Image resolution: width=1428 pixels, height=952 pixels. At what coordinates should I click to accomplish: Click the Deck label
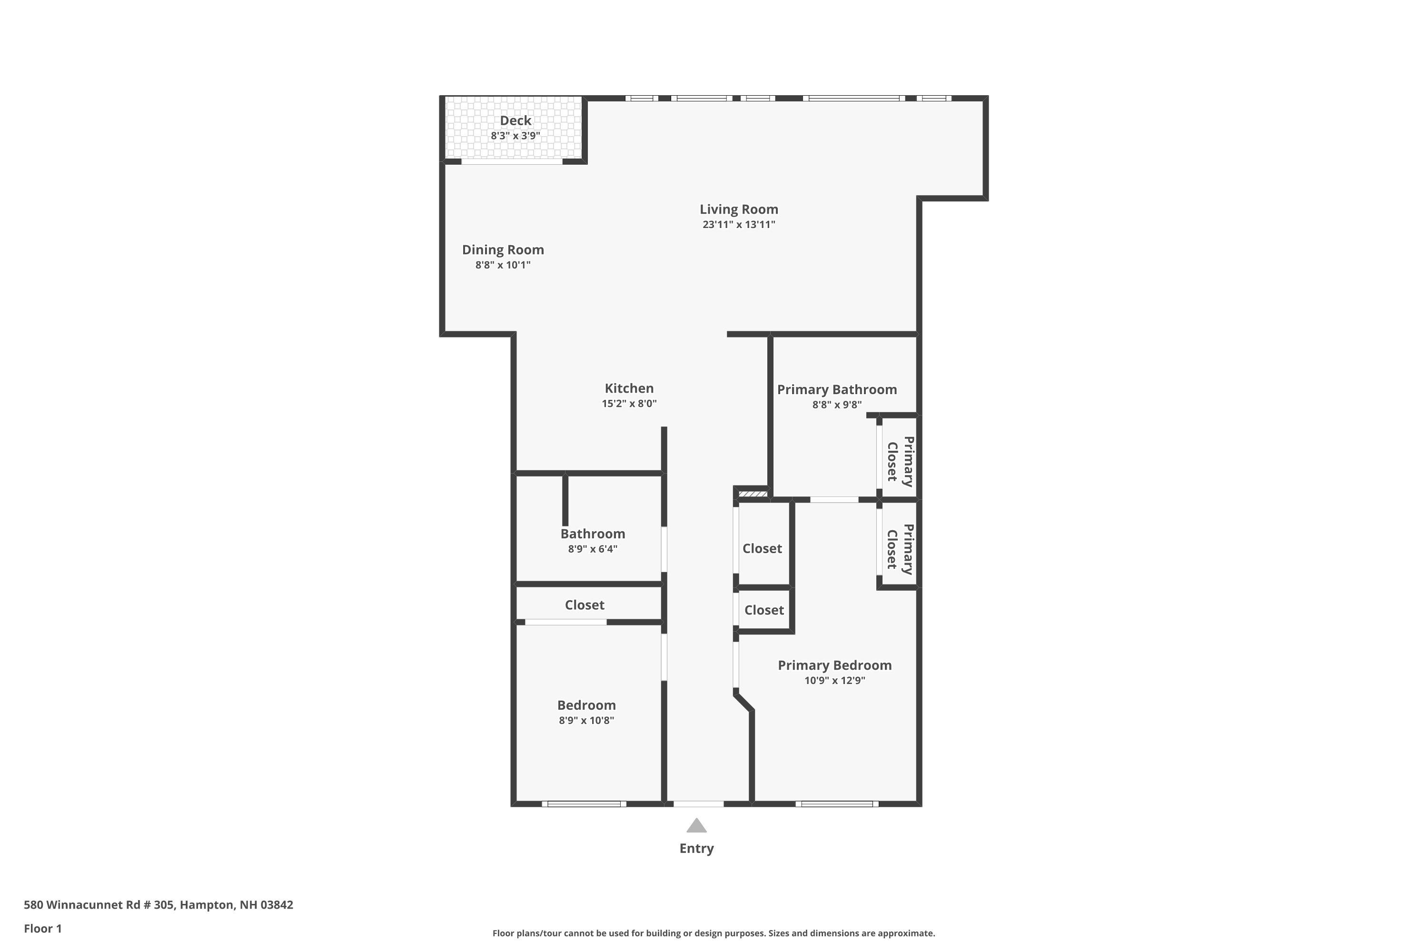click(516, 121)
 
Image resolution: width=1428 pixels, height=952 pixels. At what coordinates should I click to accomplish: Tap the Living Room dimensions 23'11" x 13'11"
click(738, 225)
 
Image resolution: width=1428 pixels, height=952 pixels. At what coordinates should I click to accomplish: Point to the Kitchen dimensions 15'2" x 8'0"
click(629, 404)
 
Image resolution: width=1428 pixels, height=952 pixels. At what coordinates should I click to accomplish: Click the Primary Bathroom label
click(837, 390)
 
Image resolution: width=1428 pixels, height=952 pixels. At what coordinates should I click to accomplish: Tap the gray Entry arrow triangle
click(696, 826)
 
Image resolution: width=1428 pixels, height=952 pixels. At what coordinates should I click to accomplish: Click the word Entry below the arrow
click(696, 849)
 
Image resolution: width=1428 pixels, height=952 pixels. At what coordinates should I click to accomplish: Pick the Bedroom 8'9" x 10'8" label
click(586, 705)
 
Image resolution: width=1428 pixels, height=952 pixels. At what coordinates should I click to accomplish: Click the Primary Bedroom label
click(834, 665)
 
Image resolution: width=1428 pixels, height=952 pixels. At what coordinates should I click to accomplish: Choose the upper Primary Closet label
click(900, 461)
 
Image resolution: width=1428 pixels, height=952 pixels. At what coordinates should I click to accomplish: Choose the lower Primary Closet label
click(900, 549)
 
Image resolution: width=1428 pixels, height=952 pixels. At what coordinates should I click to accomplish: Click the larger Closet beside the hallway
click(762, 549)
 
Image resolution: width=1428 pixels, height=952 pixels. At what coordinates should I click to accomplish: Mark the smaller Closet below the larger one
click(764, 611)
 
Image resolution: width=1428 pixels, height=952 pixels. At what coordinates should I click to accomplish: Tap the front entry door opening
click(698, 804)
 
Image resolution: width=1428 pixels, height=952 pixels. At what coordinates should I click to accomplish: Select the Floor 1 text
click(42, 928)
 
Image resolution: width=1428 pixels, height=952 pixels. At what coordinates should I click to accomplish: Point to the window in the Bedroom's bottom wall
click(584, 804)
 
